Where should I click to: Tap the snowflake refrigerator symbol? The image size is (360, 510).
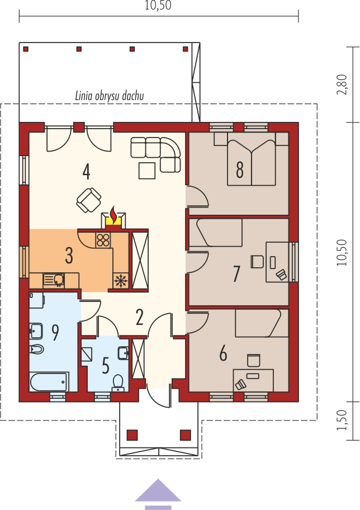point(121,280)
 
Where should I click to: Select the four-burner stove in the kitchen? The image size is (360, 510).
point(104,240)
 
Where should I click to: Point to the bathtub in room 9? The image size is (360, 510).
point(49,382)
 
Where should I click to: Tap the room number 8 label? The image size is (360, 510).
point(240,170)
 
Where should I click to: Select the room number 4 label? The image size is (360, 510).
point(86,172)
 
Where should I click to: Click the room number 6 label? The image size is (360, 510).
point(223,353)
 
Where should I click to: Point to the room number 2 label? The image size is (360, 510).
point(140,318)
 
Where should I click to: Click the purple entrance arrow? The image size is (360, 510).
point(158,494)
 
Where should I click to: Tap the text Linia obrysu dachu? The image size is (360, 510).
point(109,96)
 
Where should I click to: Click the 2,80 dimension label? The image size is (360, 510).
point(342,84)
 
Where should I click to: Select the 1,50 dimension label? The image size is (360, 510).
point(342,420)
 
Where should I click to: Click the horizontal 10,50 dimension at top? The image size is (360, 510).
point(158,6)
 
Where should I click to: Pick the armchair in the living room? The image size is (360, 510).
point(88,200)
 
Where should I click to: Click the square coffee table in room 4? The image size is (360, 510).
point(147,171)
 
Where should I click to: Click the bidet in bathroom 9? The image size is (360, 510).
point(36,350)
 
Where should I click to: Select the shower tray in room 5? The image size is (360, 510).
point(87,354)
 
